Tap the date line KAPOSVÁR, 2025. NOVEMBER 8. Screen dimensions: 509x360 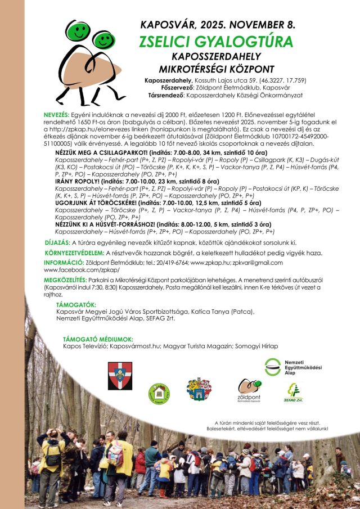coord(217,25)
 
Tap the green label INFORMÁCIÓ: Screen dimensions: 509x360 coord(64,263)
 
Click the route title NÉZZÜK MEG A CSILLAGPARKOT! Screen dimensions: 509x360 coord(101,152)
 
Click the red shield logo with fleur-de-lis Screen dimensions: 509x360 coord(120,375)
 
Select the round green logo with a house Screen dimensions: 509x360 coord(159,394)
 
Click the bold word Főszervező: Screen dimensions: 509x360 coord(164,87)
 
